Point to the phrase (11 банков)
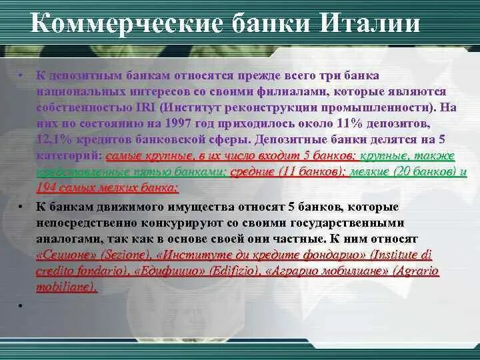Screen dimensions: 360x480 [x=310, y=171]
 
